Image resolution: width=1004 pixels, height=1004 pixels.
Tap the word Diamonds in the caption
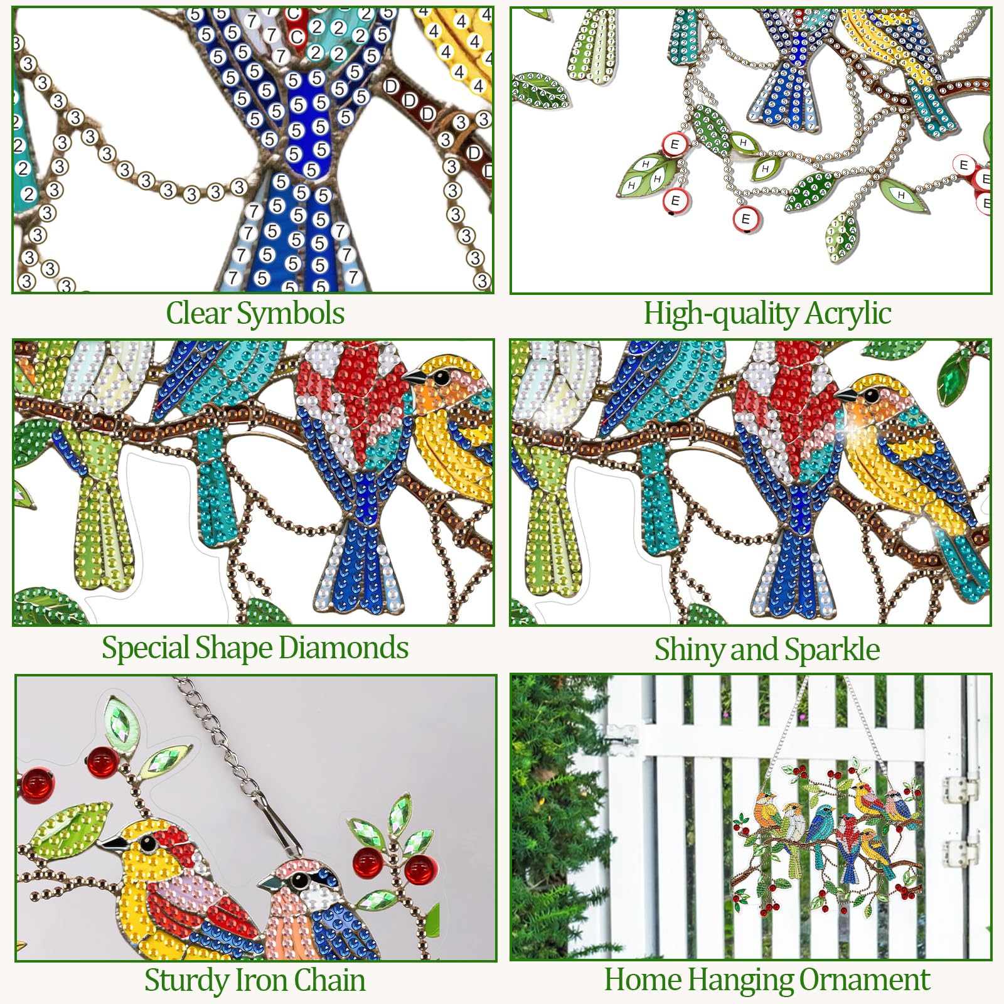[344, 648]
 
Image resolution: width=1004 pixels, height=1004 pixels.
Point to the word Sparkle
[832, 650]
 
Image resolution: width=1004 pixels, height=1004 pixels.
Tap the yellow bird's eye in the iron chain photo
[148, 844]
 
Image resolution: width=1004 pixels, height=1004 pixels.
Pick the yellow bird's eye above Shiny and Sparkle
[872, 395]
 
